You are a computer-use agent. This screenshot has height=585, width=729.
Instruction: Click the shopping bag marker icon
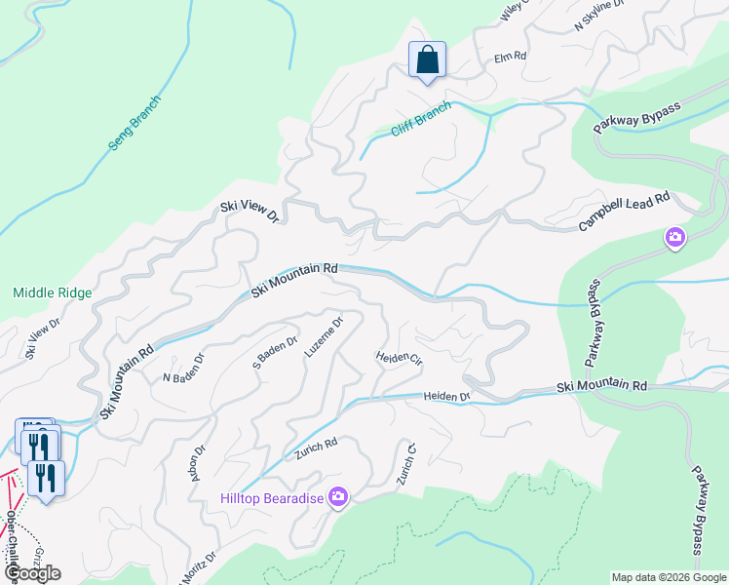coord(427,60)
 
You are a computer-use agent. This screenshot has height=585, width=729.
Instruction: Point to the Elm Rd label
coord(510,58)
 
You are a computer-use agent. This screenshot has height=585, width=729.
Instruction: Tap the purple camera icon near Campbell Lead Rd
coord(674,237)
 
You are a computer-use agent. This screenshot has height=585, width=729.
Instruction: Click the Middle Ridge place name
coord(52,292)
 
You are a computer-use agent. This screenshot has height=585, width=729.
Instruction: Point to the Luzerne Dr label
coord(325,336)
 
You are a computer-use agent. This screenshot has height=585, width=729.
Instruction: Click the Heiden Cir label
coord(399,358)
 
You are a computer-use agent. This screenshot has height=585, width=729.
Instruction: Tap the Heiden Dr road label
coord(446,397)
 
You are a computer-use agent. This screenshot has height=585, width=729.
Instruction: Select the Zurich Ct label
coord(406,466)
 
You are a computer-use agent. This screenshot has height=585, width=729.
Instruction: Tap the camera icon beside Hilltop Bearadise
coord(338,497)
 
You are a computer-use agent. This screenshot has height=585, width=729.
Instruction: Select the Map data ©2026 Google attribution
coord(669,577)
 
